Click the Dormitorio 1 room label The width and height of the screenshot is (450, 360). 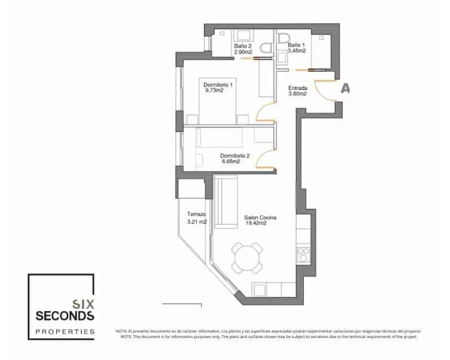pos(218,84)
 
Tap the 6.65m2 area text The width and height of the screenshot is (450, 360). pos(231,161)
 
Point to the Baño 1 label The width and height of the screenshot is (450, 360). pos(296,44)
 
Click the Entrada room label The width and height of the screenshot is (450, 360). pos(298,88)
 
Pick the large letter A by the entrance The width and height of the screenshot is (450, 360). pos(346,88)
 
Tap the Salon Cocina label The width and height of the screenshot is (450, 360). pos(260,217)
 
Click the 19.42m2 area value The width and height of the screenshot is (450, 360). pos(256,223)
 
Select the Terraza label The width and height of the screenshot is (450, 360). pos(196,215)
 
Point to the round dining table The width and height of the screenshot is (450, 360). pos(248,259)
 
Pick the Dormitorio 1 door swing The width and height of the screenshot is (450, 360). pos(264,112)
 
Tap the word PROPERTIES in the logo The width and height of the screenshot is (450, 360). pos(65,332)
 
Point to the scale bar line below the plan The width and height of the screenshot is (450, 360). pos(181,304)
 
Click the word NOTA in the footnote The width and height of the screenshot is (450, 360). pos(121,331)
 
